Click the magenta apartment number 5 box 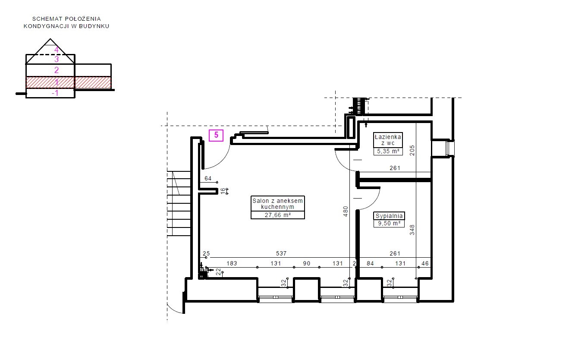click(x=216, y=135)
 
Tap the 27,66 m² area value click(x=278, y=215)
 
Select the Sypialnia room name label click(x=389, y=216)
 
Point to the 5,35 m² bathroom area click(x=388, y=151)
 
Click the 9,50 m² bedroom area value click(x=389, y=223)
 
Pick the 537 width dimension click(x=281, y=253)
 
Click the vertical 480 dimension click(x=346, y=212)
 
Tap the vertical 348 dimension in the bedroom click(x=412, y=230)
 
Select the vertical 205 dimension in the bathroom click(x=412, y=151)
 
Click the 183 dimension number click(x=232, y=263)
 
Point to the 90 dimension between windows click(x=307, y=263)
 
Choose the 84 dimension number click(x=370, y=263)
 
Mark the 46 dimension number click(x=425, y=263)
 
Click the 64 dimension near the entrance click(x=208, y=178)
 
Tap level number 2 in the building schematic click(x=57, y=70)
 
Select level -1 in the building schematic click(x=55, y=93)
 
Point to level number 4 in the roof click(x=57, y=50)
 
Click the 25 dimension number click(x=206, y=253)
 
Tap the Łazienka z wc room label click(x=388, y=140)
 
